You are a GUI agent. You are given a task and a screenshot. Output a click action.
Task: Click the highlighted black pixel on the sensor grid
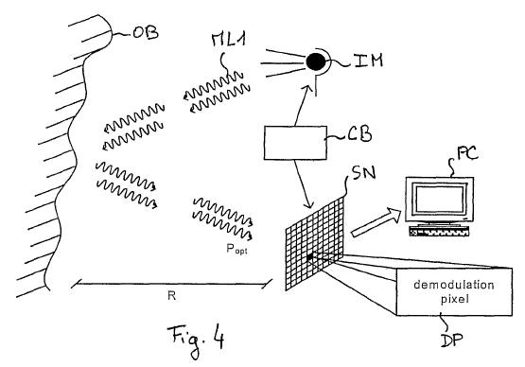point(310,256)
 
